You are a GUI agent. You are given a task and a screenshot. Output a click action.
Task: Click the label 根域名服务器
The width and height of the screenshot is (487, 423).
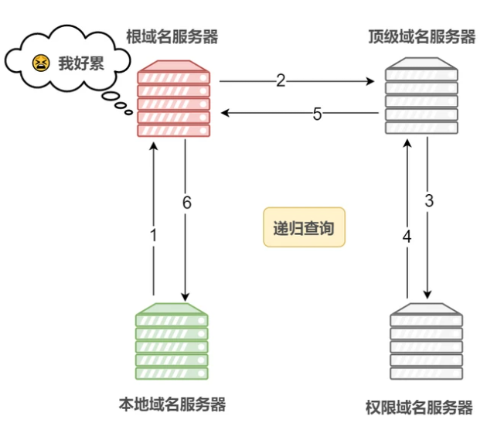tap(172, 36)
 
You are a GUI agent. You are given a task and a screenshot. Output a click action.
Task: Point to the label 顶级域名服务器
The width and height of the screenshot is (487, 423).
tap(422, 36)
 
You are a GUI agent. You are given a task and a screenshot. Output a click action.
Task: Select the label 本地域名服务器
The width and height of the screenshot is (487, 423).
tap(172, 404)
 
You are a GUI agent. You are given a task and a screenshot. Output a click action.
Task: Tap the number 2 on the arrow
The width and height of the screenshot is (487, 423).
tap(281, 80)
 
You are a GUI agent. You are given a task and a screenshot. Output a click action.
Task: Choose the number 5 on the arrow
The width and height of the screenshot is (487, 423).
tap(317, 114)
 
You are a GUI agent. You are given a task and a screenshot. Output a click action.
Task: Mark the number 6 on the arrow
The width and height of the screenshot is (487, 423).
tap(186, 203)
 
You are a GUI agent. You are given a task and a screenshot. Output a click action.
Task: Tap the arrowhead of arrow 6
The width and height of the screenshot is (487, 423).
tap(186, 296)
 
